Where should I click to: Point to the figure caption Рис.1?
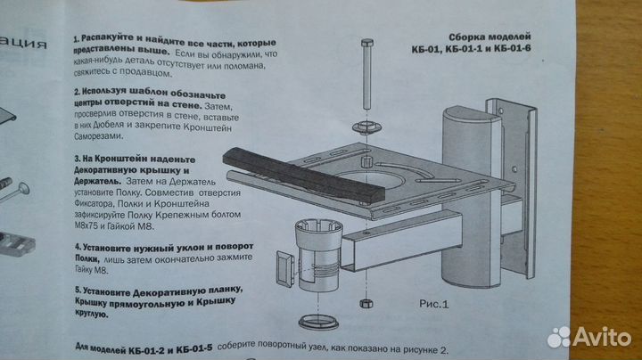(438, 302)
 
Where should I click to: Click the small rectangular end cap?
(284, 267)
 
